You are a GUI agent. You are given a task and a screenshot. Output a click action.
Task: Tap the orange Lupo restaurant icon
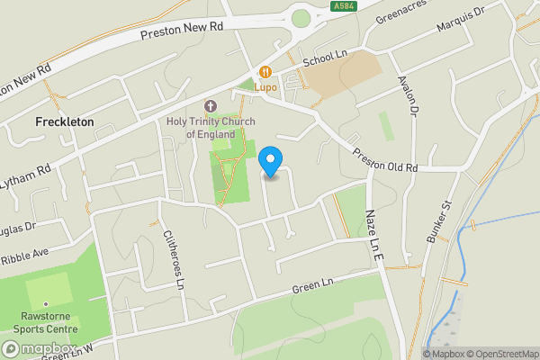[x=265, y=72]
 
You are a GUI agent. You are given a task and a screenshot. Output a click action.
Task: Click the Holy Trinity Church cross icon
[x=211, y=106]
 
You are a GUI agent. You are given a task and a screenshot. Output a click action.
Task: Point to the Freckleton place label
[x=64, y=121]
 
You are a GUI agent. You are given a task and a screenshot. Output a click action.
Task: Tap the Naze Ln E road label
[x=373, y=237]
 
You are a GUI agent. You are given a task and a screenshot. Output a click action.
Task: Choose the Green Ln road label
[x=312, y=286]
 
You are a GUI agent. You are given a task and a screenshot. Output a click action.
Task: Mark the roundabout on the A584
[x=300, y=17]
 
